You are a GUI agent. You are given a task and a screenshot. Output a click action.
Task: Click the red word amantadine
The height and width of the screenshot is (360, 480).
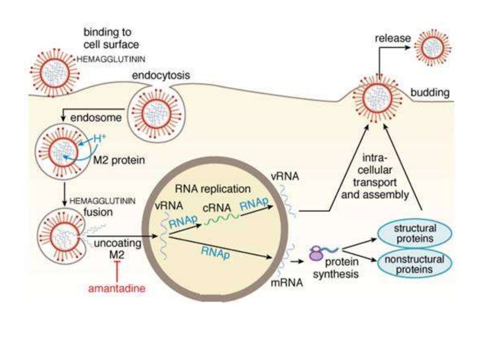click(x=116, y=288)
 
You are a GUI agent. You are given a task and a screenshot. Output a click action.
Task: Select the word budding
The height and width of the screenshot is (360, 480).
click(x=430, y=93)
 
